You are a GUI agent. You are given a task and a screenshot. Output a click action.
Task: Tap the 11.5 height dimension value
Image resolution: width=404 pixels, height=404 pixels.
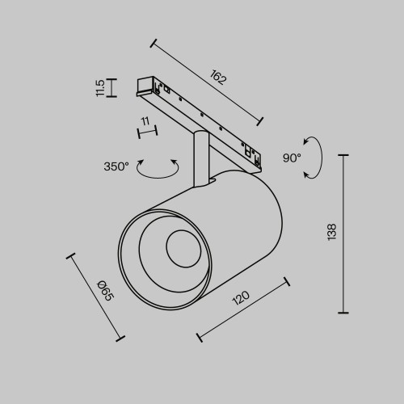pyautogui.click(x=99, y=87)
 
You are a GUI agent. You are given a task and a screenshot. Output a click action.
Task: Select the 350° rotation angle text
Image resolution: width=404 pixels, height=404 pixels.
pyautogui.click(x=116, y=166)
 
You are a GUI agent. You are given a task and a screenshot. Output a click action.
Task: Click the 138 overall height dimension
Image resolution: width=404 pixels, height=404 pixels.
pyautogui.click(x=331, y=234)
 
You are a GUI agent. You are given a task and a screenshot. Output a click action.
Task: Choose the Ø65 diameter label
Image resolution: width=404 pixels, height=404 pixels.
pyautogui.click(x=104, y=291)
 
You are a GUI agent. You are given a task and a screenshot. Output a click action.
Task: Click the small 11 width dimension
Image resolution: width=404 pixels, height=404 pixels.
pyautogui.click(x=144, y=123)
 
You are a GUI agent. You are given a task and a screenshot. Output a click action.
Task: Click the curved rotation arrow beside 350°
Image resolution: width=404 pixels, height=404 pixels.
pyautogui.click(x=158, y=169)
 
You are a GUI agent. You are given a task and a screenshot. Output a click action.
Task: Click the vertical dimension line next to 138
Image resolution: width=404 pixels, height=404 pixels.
pyautogui.click(x=346, y=234)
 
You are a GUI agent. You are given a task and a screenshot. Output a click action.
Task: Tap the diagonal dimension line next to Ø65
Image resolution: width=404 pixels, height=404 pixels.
pyautogui.click(x=96, y=297)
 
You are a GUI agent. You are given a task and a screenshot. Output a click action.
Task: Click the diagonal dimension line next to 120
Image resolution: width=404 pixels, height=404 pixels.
pyautogui.click(x=242, y=311)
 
